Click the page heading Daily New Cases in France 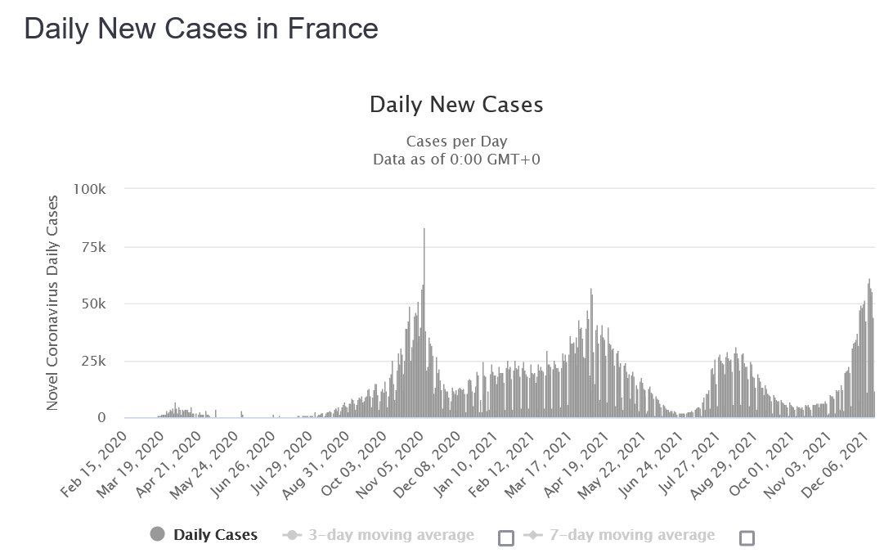coord(201,29)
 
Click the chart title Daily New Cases coord(456,105)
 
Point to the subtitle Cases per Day coord(456,141)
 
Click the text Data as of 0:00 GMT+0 coord(456,159)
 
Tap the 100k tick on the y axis coord(89,189)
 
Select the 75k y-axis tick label coord(93,247)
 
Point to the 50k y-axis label coord(93,303)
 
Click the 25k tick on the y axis coord(93,361)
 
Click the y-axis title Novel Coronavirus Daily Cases coord(52,303)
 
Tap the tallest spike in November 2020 coord(424,322)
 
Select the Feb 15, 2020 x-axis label coord(94,465)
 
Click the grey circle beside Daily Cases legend coord(157,534)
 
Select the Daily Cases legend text coord(215,534)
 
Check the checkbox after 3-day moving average coord(506,537)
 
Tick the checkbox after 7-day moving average coord(747,537)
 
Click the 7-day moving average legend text coord(632,534)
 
